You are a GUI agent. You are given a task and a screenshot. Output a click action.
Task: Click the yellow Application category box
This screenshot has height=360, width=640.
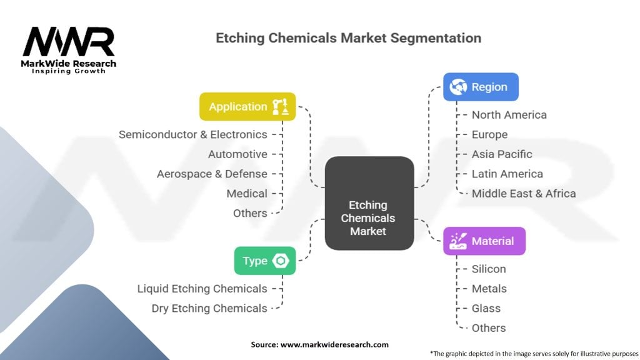click(x=247, y=106)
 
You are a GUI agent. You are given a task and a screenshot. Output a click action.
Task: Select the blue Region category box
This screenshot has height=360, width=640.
click(x=481, y=87)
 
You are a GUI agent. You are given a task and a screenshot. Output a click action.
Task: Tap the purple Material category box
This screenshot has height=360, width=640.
click(x=484, y=241)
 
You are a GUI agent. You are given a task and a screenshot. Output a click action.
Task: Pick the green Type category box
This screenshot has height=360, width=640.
click(x=265, y=261)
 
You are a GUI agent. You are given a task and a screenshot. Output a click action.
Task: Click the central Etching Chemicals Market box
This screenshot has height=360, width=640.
click(x=369, y=203)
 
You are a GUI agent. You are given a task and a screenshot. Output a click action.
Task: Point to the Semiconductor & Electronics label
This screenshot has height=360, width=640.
click(x=193, y=135)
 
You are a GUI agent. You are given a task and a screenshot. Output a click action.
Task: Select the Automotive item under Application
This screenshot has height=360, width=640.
click(x=237, y=154)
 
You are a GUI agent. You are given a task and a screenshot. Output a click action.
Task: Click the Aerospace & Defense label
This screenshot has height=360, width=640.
click(x=212, y=174)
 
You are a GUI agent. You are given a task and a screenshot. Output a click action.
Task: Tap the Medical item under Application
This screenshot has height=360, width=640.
click(x=247, y=194)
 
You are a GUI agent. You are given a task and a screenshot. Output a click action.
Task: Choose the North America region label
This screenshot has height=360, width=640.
click(x=509, y=115)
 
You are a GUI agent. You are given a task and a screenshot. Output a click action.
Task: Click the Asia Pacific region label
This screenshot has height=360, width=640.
click(x=502, y=154)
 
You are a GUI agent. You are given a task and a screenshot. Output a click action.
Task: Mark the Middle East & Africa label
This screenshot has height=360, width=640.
click(x=524, y=194)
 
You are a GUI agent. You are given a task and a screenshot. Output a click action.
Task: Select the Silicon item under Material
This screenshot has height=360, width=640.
click(x=489, y=269)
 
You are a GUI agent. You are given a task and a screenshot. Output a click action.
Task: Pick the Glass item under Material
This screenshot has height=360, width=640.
click(x=486, y=308)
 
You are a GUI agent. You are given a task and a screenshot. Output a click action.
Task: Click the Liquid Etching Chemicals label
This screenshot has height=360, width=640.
click(x=202, y=289)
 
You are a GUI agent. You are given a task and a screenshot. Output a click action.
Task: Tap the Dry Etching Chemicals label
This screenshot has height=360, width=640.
click(x=209, y=309)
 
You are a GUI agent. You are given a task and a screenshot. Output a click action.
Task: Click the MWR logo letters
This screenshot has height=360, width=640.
click(x=69, y=41)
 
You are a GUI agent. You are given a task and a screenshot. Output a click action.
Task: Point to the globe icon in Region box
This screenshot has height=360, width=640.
click(x=458, y=87)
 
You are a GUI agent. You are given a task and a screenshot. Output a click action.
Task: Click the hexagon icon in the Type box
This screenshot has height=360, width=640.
click(x=281, y=261)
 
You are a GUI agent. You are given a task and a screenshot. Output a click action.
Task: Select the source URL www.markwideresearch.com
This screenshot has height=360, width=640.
click(x=334, y=344)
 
